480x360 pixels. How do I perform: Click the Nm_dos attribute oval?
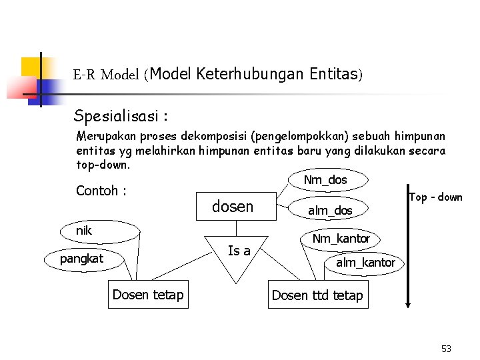coord(325,180)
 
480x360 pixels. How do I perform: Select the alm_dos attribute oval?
coord(329,211)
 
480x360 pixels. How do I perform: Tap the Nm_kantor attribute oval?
coord(341,238)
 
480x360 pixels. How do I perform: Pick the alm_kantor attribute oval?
coord(365,263)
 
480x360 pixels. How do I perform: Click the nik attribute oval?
coord(100,231)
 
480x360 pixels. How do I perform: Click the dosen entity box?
coord(232,207)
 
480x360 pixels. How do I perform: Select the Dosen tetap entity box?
coord(148,295)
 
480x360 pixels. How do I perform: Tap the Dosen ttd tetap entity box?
coord(317,295)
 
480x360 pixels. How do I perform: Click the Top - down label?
coord(435,197)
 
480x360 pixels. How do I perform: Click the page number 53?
coord(446,349)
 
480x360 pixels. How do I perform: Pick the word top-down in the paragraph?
coord(103,164)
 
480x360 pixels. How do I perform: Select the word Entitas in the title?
coord(334,74)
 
